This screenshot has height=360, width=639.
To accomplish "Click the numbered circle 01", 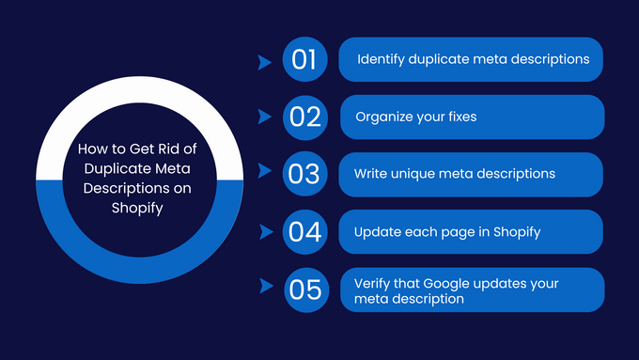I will click(304, 60).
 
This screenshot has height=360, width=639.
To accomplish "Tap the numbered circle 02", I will click(305, 117).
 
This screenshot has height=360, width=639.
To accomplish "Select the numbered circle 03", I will click(305, 174).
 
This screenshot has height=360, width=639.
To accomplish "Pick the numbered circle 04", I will click(305, 231).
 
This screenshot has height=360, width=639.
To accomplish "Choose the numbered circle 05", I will click(305, 289).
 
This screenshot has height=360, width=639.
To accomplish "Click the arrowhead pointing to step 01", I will click(264, 63).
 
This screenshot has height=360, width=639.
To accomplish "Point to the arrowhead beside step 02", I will click(264, 117).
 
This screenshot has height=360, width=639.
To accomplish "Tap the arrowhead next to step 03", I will click(265, 171).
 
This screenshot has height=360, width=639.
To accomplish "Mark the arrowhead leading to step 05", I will click(266, 285).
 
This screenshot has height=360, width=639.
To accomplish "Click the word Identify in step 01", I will click(381, 59).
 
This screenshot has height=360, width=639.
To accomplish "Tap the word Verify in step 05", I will click(373, 282).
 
